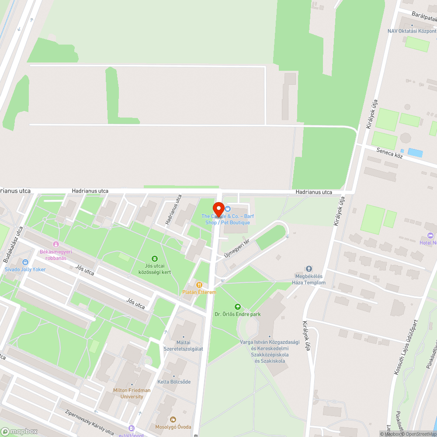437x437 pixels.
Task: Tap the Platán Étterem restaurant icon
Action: click(199, 285)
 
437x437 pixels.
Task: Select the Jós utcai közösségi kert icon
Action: click(154, 259)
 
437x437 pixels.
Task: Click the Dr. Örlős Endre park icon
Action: click(238, 307)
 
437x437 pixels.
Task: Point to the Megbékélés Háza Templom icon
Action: click(309, 269)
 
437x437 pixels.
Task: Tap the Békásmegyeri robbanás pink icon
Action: click(55, 244)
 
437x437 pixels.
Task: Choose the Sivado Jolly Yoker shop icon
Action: click(25, 262)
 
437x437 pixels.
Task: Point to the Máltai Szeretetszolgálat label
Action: click(183, 345)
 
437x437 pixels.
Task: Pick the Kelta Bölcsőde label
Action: click(174, 382)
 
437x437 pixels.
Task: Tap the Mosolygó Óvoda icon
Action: click(173, 420)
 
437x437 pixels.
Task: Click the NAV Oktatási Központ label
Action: click(412, 31)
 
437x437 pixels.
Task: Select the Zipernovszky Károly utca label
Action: click(83, 422)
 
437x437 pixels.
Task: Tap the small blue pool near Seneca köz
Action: click(415, 153)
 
